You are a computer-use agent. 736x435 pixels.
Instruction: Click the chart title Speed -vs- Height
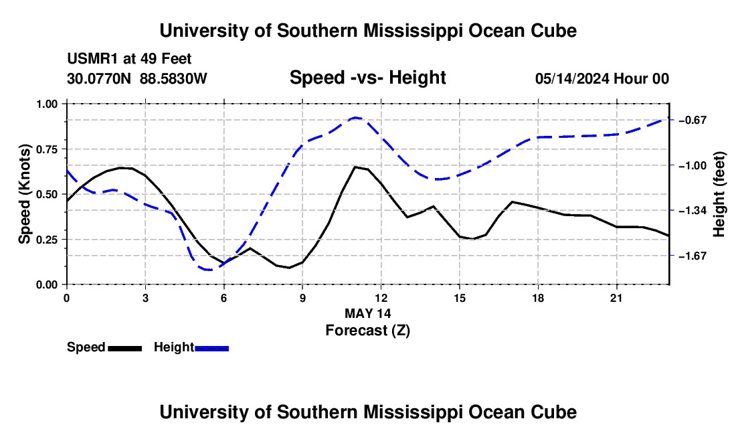pos(367,78)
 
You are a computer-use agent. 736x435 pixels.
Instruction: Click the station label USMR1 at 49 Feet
pos(129,59)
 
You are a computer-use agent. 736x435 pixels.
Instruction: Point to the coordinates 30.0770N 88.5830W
pos(136,78)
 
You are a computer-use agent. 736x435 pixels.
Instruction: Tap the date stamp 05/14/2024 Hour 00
pos(602,78)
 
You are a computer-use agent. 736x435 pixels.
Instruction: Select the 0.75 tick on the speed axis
pos(46,149)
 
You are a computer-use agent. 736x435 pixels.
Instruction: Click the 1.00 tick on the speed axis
pos(46,104)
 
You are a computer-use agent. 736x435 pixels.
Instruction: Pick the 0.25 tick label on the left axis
pos(46,240)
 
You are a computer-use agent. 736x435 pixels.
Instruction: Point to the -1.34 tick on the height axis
pos(693,211)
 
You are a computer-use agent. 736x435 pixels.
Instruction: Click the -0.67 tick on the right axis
pos(693,120)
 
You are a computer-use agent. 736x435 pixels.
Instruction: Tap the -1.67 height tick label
pos(693,256)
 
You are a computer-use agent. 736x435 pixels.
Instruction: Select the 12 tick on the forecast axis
pos(381,298)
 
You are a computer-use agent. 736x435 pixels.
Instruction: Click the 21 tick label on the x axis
pos(616,298)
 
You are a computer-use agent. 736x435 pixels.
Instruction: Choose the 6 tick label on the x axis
pos(224,298)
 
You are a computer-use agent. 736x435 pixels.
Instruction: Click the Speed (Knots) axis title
pos(24,194)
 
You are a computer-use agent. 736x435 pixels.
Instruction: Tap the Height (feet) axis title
pos(719,194)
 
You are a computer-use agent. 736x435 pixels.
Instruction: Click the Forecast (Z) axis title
pos(367,331)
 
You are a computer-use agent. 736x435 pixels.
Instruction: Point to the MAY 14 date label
pos(367,313)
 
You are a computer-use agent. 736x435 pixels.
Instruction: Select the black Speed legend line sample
pos(125,348)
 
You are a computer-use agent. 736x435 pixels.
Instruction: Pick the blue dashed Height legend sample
pos(211,348)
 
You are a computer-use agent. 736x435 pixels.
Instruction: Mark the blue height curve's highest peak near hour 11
pos(356,118)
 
